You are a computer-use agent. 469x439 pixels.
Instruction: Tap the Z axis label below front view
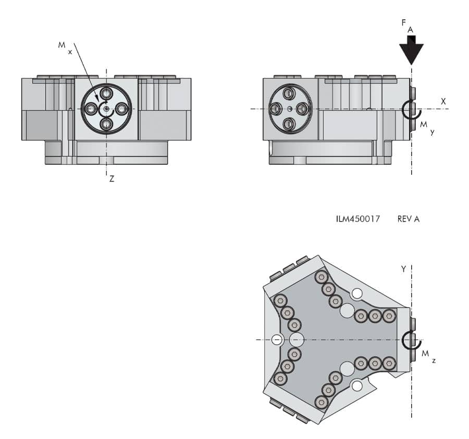point(112,178)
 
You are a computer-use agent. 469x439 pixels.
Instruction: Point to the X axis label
point(443,101)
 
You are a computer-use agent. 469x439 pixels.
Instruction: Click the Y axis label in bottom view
point(403,269)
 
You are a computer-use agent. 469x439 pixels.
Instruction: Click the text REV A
point(408,219)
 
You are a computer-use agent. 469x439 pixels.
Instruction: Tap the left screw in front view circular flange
point(91,109)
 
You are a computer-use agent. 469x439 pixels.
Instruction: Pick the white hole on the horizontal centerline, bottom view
point(277,340)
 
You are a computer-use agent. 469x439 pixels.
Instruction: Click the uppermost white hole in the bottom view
point(357,294)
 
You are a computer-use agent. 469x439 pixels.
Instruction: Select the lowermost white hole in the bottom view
point(357,386)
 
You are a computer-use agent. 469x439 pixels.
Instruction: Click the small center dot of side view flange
point(289,109)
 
